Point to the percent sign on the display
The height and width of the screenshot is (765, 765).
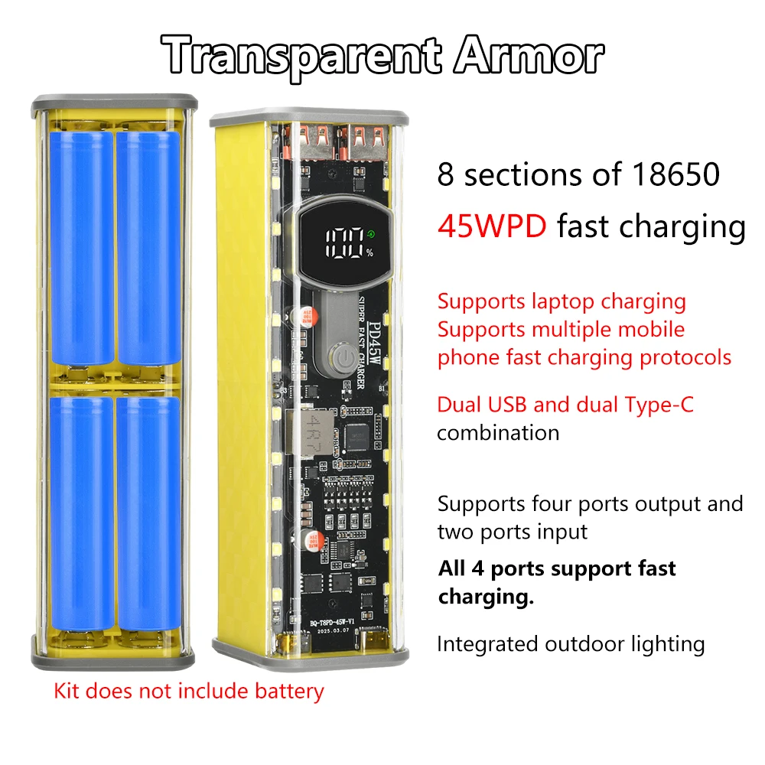(369, 253)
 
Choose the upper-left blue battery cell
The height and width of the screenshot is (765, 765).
(81, 248)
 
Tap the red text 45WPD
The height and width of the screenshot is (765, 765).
(492, 226)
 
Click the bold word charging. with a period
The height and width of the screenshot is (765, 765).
(486, 597)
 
